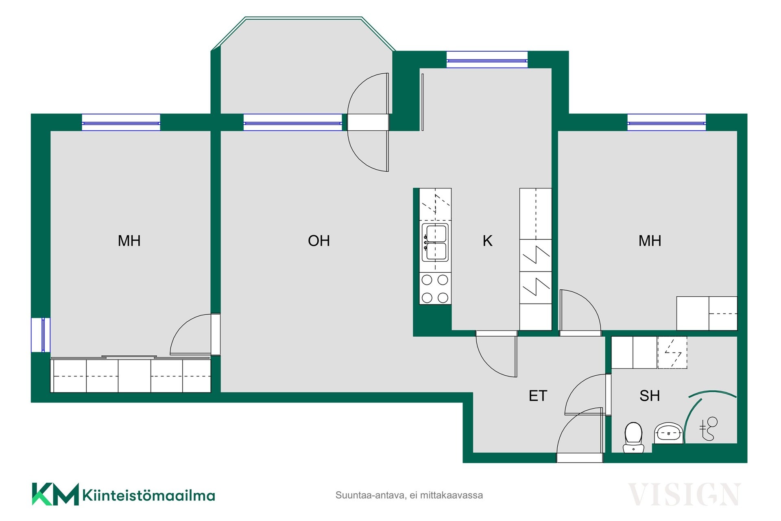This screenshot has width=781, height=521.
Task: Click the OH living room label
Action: point(319,241)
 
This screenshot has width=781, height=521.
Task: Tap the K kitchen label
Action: point(487,241)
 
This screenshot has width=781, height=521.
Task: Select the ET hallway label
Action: point(538,396)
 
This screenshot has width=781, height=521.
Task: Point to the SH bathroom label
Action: point(650,396)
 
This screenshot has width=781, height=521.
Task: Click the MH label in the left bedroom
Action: point(129,241)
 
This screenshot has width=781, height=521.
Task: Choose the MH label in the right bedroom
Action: point(650,241)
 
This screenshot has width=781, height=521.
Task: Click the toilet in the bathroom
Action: point(633,438)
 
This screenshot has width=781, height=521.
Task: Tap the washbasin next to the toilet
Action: point(668,433)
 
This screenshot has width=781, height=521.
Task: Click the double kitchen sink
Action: point(435,242)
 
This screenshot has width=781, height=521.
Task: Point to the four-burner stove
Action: point(435,289)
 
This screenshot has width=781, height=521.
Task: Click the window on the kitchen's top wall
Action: point(487,59)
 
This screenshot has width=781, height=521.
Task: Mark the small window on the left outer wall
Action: point(41,335)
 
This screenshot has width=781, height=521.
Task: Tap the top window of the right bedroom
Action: point(666,123)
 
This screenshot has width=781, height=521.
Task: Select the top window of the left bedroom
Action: point(121,123)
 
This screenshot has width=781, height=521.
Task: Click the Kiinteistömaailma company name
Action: point(149,495)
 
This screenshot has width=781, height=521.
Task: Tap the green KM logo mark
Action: point(55,494)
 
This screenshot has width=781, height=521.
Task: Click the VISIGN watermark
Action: point(684,495)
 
